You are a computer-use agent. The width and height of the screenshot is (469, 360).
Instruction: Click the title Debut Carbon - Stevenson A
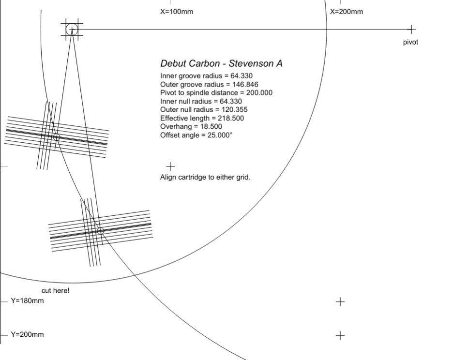[221, 63]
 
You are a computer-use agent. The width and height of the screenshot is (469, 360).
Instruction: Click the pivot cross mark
[411, 30]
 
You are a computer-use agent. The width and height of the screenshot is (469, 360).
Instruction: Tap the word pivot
[410, 43]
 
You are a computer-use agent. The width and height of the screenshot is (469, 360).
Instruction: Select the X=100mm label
[177, 12]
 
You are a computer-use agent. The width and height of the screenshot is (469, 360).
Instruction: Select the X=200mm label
[347, 12]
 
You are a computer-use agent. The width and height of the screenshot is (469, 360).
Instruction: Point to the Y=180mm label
[27, 300]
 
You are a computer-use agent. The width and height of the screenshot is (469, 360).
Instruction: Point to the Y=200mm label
[27, 334]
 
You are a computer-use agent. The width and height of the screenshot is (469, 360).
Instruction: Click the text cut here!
[55, 290]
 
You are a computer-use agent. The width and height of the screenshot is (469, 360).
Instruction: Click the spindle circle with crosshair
[72, 30]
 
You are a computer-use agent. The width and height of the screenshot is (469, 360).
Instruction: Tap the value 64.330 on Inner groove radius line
[242, 76]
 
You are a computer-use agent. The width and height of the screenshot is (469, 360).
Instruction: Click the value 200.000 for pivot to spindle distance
[259, 93]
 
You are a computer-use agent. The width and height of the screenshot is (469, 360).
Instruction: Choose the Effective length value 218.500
[230, 118]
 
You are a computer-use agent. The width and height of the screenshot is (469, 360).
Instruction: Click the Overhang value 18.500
[211, 126]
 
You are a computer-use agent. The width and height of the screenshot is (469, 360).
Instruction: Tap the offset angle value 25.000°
[220, 135]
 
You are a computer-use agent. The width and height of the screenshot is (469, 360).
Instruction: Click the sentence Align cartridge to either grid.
[205, 177]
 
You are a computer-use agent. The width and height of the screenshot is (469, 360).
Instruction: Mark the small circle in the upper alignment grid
[57, 137]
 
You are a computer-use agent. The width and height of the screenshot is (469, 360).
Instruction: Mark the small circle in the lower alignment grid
[101, 231]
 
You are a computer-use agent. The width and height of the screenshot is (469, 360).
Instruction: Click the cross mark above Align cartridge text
[170, 166]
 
